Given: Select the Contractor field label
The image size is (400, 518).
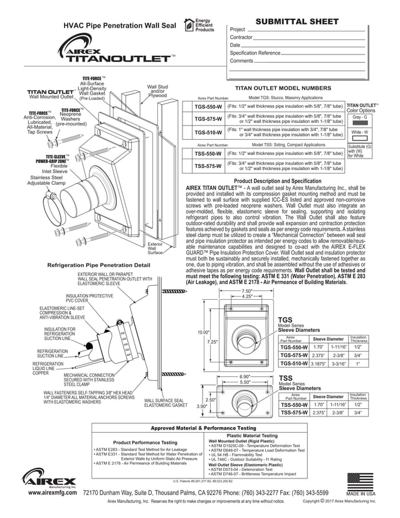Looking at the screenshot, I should click(241, 38).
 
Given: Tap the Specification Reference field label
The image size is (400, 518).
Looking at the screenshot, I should click(255, 53).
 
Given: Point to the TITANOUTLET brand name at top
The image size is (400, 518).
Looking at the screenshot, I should click(118, 59).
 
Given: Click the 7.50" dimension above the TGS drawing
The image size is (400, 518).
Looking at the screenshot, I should click(246, 291).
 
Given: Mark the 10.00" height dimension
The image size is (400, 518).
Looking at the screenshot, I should click(203, 332).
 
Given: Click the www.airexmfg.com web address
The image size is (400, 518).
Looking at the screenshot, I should click(53, 494).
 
